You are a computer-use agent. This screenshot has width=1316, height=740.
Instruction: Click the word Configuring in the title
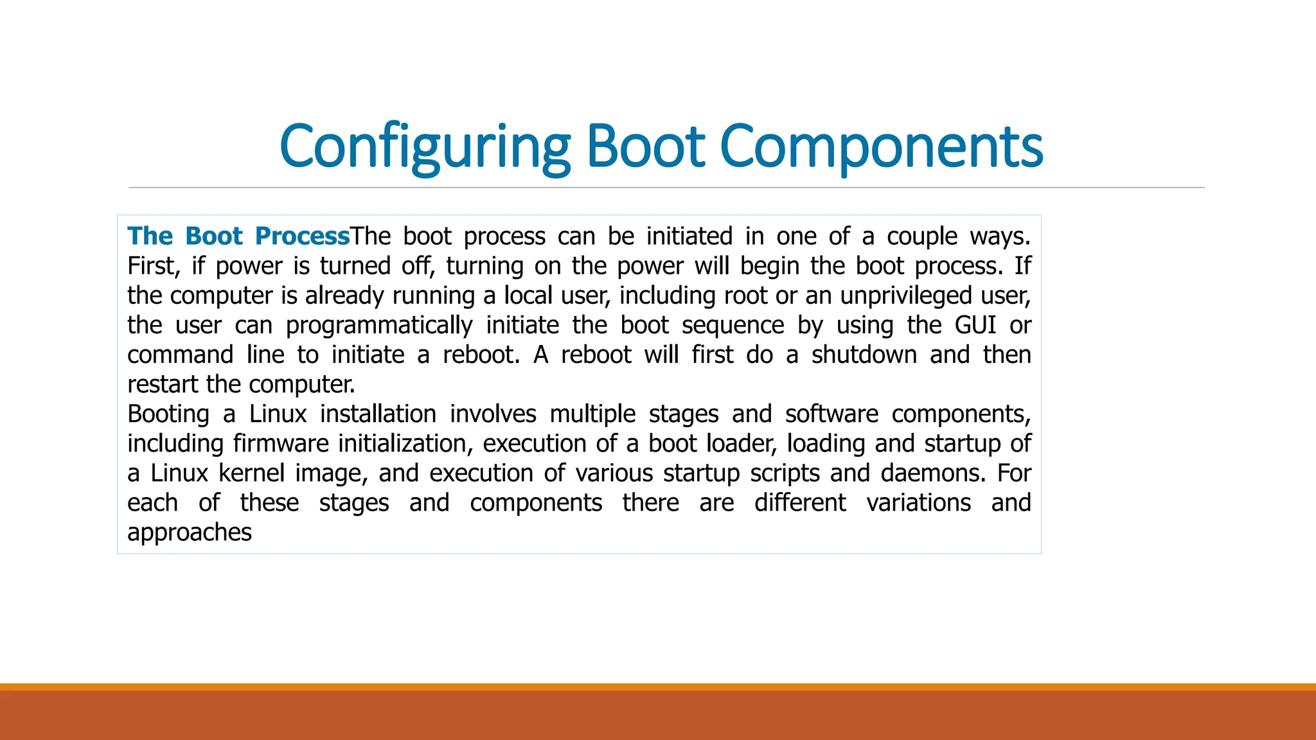[x=425, y=147]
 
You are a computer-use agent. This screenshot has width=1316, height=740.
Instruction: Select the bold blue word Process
[x=302, y=236]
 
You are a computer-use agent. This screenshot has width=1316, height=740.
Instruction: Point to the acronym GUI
[x=975, y=325]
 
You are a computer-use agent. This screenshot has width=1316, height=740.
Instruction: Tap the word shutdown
[x=864, y=355]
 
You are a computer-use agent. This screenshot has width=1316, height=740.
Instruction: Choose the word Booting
[x=168, y=414]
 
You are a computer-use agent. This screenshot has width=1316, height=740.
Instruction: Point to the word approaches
[x=190, y=533]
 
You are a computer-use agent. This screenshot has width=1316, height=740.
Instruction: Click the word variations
[x=918, y=502]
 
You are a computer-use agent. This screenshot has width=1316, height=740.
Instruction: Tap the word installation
[x=378, y=414]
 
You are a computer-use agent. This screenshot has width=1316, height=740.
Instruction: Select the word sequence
[x=733, y=326]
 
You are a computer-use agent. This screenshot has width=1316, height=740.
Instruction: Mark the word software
[x=831, y=414]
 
